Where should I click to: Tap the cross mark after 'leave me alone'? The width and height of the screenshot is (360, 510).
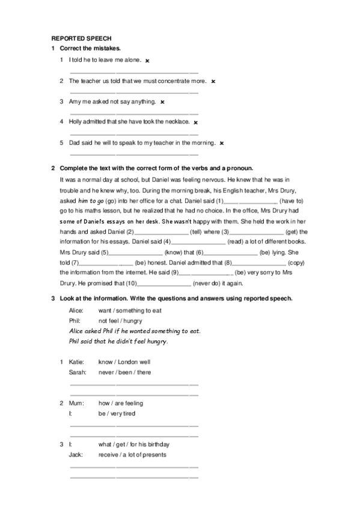pos(147,60)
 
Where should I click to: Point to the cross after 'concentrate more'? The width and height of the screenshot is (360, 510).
pos(213,81)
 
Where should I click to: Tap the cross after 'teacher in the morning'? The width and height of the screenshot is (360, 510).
pos(222,143)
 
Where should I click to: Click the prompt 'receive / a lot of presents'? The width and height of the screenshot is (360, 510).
pos(132,455)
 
